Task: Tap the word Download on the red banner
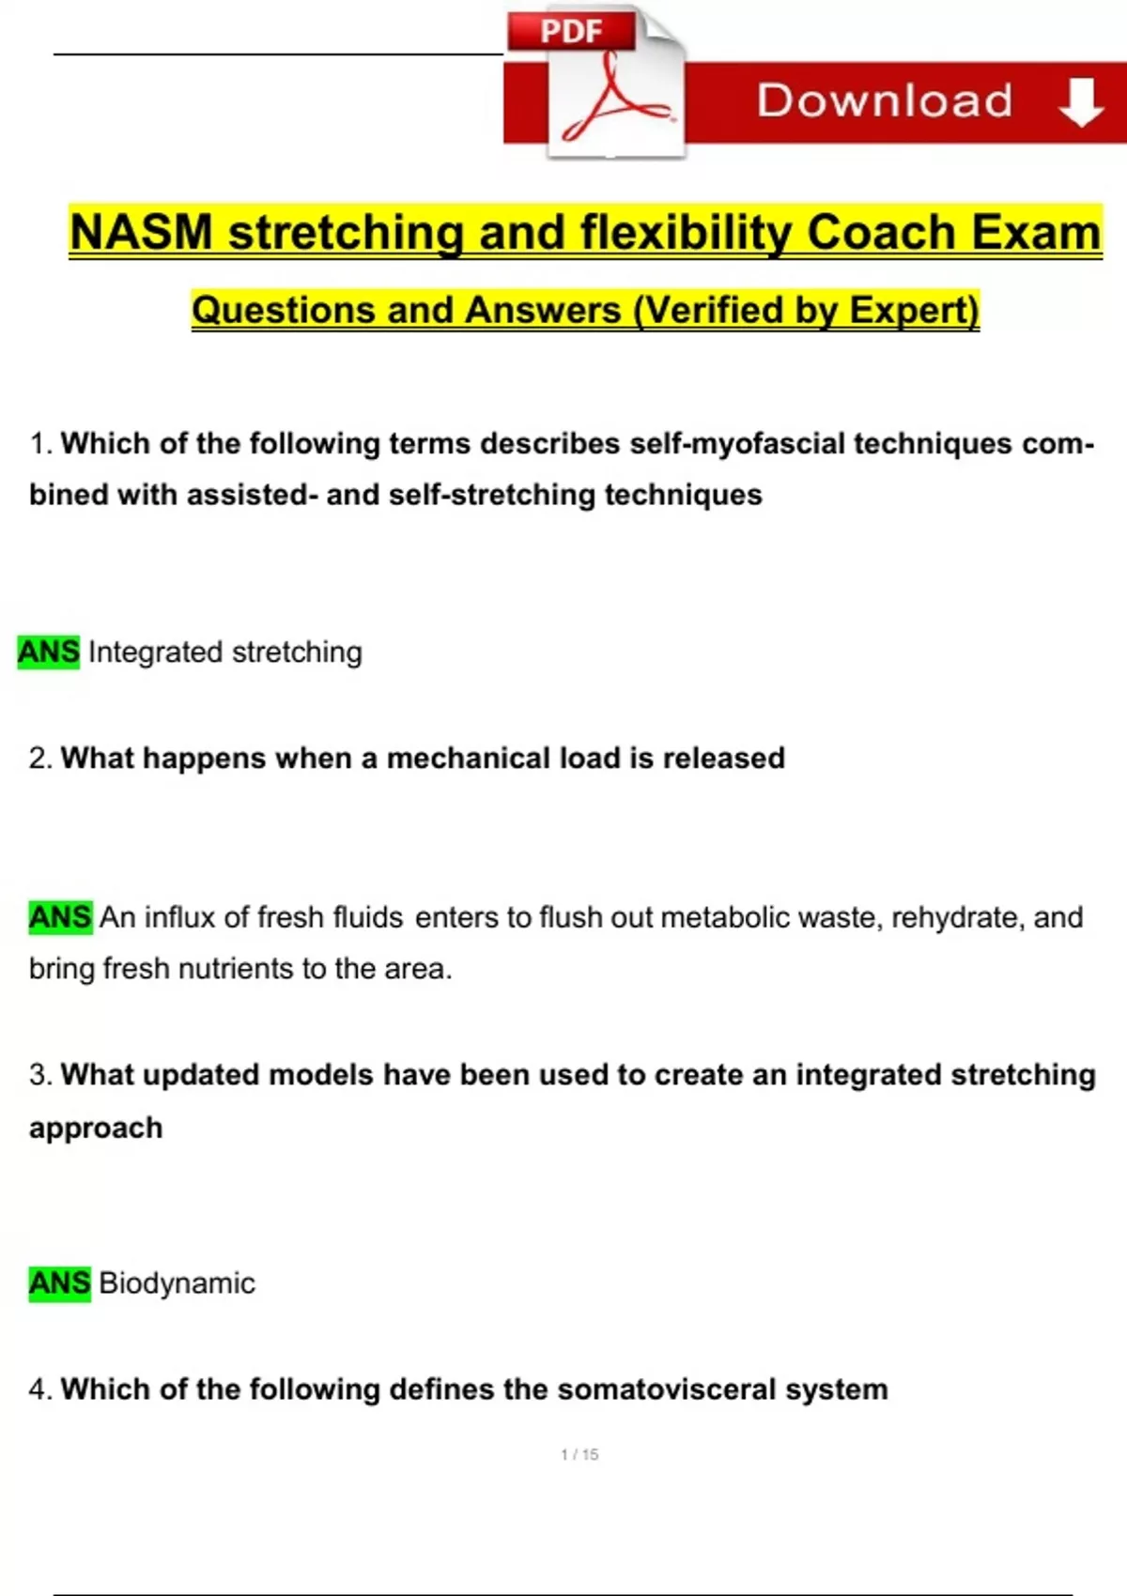click(x=885, y=100)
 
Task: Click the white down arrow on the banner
click(x=1081, y=101)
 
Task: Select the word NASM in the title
click(x=142, y=233)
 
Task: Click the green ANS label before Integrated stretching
click(x=49, y=652)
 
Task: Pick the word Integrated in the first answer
click(x=156, y=652)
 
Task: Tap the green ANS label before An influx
click(x=60, y=916)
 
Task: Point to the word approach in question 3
click(x=96, y=1128)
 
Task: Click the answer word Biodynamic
click(x=177, y=1282)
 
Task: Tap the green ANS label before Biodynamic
click(x=60, y=1282)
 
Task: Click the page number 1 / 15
click(x=579, y=1454)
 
